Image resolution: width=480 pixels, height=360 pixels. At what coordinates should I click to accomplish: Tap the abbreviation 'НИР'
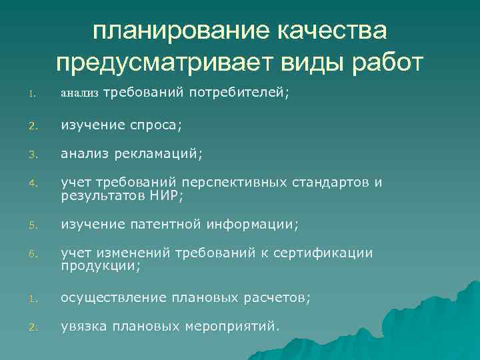pos(164,195)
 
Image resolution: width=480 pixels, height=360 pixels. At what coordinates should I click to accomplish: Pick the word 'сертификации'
pos(327,254)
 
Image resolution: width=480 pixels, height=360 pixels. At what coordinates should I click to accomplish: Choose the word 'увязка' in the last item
pos(82,327)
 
